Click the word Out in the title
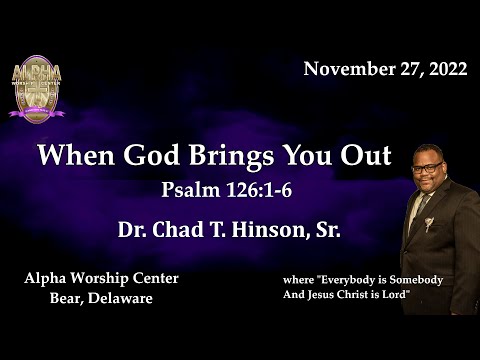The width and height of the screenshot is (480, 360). point(366,156)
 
